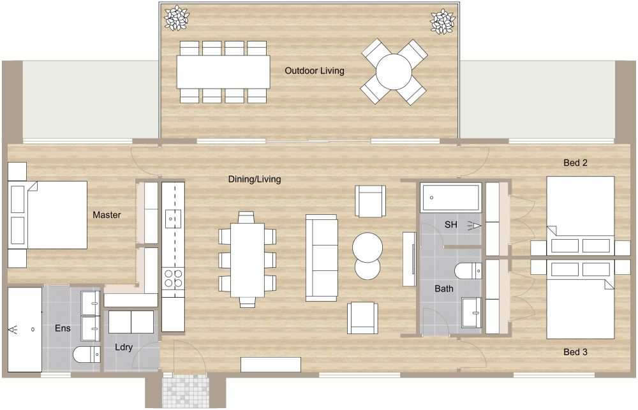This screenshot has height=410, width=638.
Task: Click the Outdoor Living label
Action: (x=315, y=71)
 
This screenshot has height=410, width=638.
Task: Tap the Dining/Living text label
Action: (x=255, y=179)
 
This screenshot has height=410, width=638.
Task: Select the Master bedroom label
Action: (x=107, y=215)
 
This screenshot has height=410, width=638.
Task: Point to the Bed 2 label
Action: (x=575, y=163)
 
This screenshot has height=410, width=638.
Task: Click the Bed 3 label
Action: (x=575, y=352)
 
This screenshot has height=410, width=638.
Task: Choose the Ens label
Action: (x=63, y=329)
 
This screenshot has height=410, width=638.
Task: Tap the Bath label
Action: (x=444, y=289)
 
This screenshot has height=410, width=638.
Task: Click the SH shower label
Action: (x=451, y=224)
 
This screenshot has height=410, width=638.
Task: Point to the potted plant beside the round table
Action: (x=441, y=21)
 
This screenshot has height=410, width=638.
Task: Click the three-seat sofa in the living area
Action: (x=322, y=258)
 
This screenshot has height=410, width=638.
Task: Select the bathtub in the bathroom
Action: (x=450, y=197)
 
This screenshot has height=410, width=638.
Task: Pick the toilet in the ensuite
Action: (x=86, y=354)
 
